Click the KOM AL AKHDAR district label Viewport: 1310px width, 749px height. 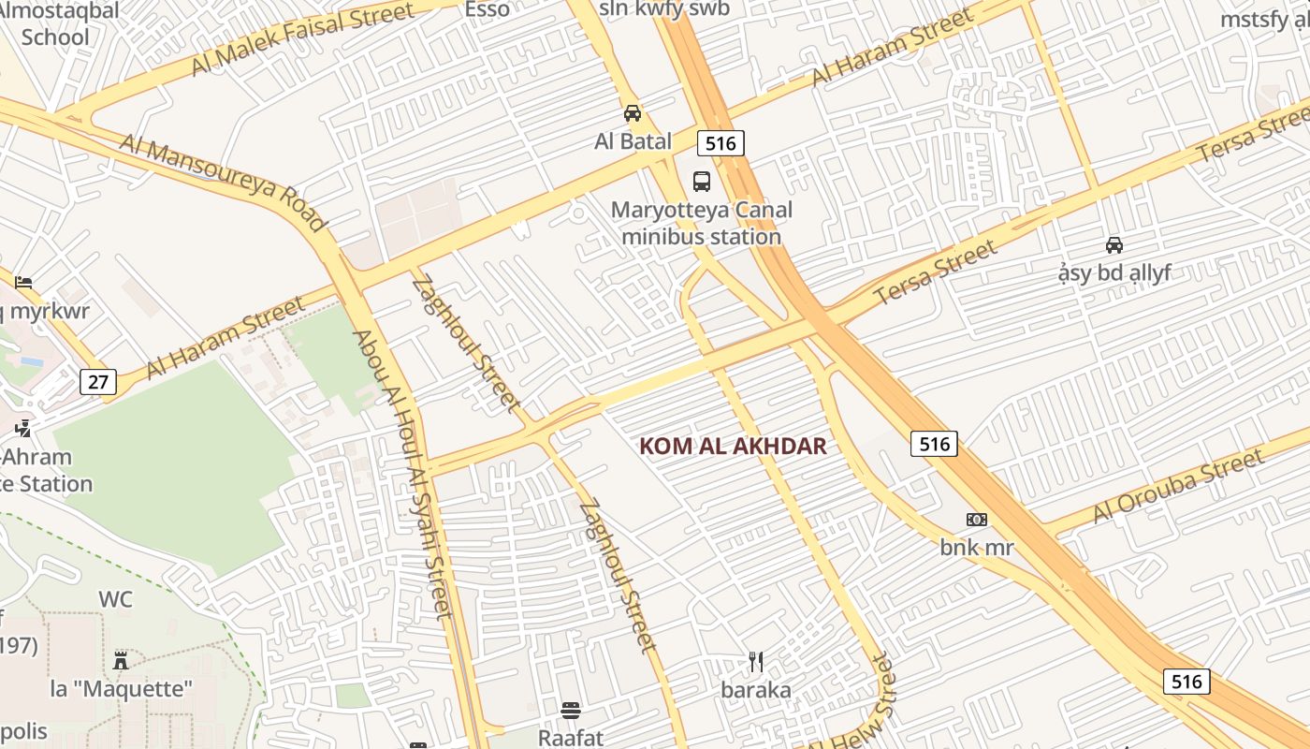pyautogui.click(x=733, y=447)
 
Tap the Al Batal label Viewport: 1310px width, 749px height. pyautogui.click(x=633, y=141)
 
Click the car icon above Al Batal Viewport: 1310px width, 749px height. pyautogui.click(x=633, y=113)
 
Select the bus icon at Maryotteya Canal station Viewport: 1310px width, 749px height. pyautogui.click(x=701, y=182)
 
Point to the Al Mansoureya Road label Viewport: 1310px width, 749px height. pyautogui.click(x=224, y=182)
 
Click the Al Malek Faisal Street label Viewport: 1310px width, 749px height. pyautogui.click(x=302, y=39)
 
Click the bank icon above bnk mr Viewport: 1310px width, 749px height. pyautogui.click(x=977, y=520)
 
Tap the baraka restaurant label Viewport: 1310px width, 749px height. pyautogui.click(x=756, y=691)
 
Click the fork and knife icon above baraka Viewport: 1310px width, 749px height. pyautogui.click(x=756, y=663)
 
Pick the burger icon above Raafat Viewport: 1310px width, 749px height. pyautogui.click(x=571, y=711)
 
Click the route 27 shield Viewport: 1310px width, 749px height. pyautogui.click(x=98, y=381)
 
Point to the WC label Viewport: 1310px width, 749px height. pyautogui.click(x=116, y=600)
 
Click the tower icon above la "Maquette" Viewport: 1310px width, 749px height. pyautogui.click(x=121, y=660)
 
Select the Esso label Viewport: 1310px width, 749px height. pyautogui.click(x=488, y=10)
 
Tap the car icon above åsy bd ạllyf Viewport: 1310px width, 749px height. pyautogui.click(x=1114, y=245)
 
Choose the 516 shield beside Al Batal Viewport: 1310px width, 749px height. pyautogui.click(x=720, y=143)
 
